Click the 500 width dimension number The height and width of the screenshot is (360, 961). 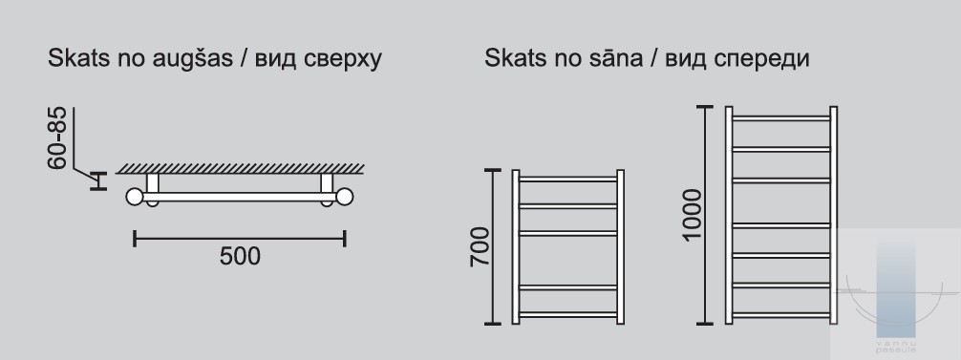point(240,257)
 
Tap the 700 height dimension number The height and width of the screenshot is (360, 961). point(480,246)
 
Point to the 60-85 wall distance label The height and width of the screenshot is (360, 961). point(56,138)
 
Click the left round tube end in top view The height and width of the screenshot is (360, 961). point(135,197)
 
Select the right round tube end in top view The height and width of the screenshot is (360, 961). point(345,197)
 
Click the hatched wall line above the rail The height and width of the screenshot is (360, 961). point(241,168)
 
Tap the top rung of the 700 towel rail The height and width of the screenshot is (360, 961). point(568,180)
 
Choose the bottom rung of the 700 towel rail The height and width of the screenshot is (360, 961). point(568,315)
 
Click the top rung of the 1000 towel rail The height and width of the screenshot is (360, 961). point(781,118)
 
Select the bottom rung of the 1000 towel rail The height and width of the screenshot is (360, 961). point(781,315)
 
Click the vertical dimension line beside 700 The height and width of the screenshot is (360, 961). point(493,246)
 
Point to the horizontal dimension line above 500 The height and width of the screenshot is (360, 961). point(240,238)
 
